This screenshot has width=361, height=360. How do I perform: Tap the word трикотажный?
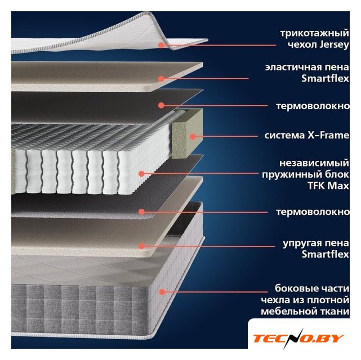pyautogui.click(x=315, y=33)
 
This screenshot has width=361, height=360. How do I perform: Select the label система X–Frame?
pyautogui.click(x=307, y=136)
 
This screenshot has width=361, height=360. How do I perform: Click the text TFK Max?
pyautogui.click(x=328, y=186)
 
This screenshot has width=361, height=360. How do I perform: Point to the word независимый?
pyautogui.click(x=314, y=163)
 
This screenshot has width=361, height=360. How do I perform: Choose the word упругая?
pyautogui.click(x=301, y=243)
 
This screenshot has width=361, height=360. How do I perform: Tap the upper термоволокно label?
pyautogui.click(x=313, y=106)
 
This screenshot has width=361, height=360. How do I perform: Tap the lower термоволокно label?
pyautogui.click(x=313, y=212)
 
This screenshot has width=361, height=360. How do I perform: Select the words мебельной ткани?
pyautogui.click(x=305, y=312)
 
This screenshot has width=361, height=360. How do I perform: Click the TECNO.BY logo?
pyautogui.click(x=298, y=338)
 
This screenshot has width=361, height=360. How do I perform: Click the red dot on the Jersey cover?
pyautogui.click(x=162, y=45)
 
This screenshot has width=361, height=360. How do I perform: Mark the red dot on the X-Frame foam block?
pyautogui.click(x=193, y=137)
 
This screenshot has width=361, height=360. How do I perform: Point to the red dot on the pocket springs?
pyautogui.click(x=142, y=174)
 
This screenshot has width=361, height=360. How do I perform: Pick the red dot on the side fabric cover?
pyautogui.click(x=162, y=292)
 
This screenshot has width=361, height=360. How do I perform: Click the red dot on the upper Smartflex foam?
pyautogui.click(x=161, y=79)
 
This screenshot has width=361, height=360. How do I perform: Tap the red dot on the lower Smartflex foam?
pyautogui.click(x=142, y=246)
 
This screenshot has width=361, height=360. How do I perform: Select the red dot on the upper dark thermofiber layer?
pyautogui.click(x=161, y=106)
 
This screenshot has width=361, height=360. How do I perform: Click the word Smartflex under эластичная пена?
pyautogui.click(x=326, y=79)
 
